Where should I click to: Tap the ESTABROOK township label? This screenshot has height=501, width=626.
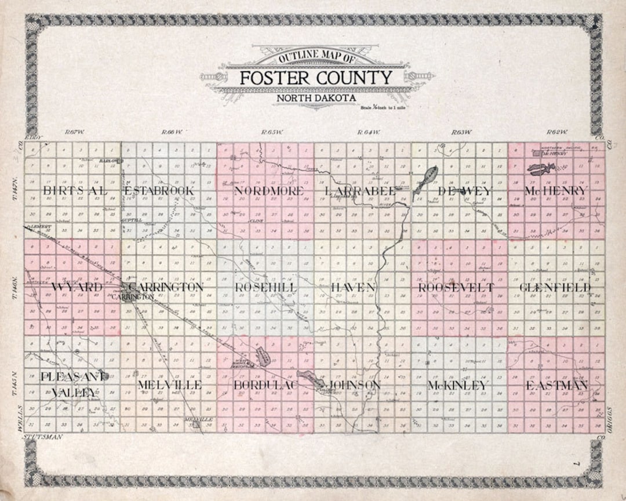159,191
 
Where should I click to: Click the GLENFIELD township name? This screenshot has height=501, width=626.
555,288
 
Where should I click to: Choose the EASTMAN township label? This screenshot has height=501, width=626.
556,385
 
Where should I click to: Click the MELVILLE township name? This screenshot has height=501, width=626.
170,385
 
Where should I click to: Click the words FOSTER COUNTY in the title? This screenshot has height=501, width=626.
316,78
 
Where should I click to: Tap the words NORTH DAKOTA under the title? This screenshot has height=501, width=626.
316,98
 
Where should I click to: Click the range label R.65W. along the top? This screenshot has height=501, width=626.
272,133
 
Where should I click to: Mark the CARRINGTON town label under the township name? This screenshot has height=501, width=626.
134,296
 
